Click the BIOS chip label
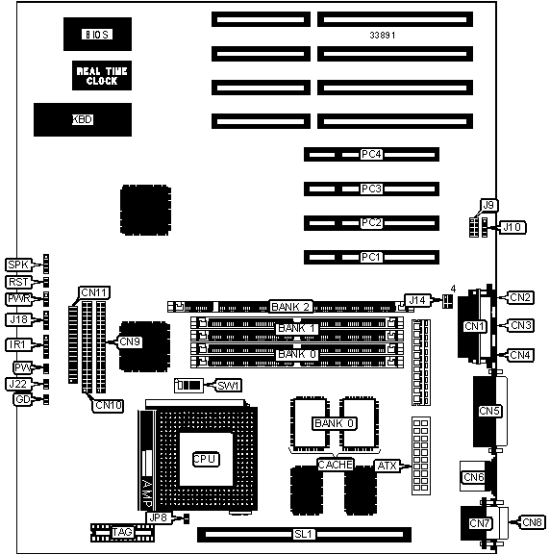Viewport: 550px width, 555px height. (97, 35)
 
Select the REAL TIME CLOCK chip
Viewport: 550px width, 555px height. (102, 75)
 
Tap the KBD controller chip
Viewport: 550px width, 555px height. (83, 119)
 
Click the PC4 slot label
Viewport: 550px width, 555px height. (371, 154)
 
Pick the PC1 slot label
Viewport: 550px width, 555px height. (371, 257)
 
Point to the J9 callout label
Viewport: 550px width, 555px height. (488, 205)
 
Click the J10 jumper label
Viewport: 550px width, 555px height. (512, 227)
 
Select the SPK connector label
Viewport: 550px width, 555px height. (18, 265)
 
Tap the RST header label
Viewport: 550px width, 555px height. (18, 282)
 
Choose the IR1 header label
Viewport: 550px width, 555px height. (17, 344)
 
